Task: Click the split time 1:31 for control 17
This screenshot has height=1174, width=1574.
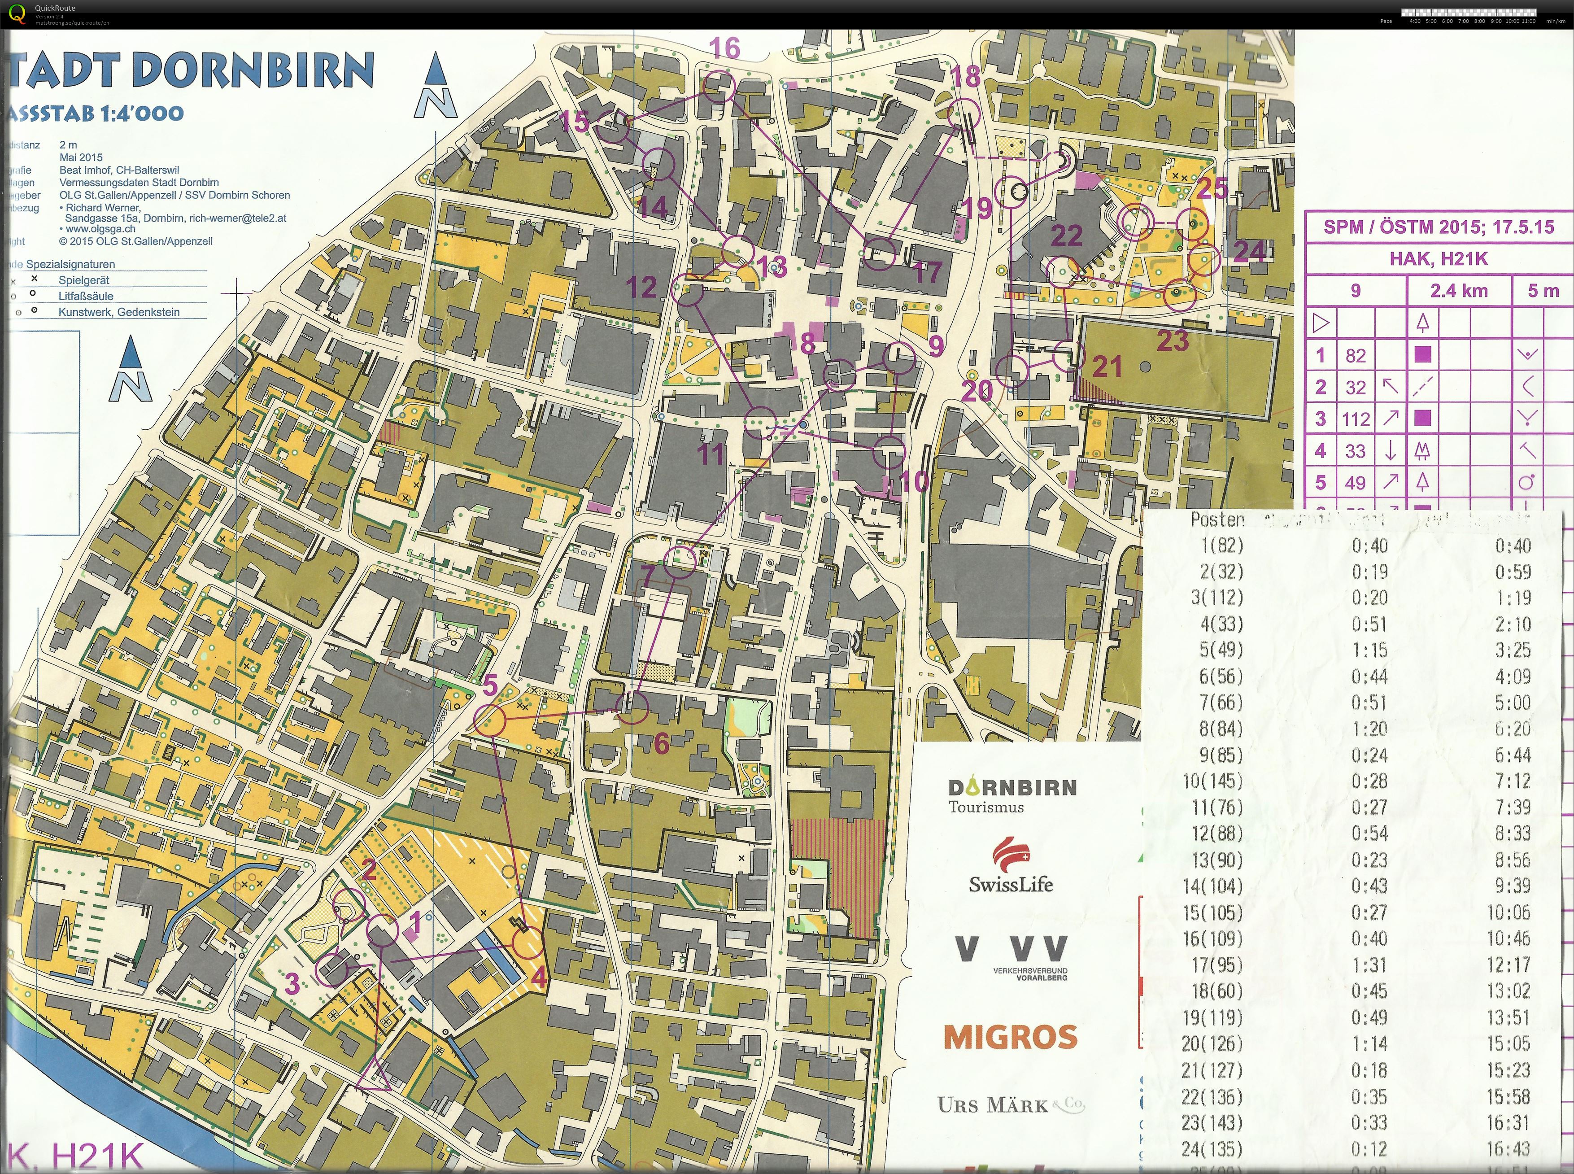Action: [1369, 965]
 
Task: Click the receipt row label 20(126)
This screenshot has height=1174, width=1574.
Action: [1212, 1043]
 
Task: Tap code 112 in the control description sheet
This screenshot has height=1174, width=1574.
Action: [1355, 419]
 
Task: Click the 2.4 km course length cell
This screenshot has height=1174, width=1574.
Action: [1458, 291]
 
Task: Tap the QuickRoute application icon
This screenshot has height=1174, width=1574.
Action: [17, 13]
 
